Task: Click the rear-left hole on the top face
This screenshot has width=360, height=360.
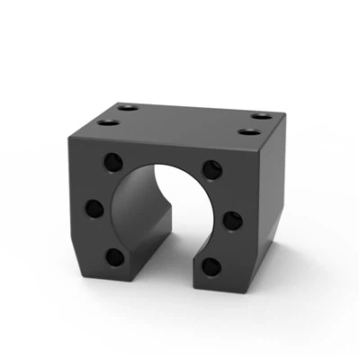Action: pyautogui.click(x=126, y=106)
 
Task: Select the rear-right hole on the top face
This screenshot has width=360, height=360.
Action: pyautogui.click(x=261, y=116)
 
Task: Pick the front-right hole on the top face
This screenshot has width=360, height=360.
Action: pyautogui.click(x=248, y=132)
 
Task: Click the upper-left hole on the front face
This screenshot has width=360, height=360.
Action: pyautogui.click(x=114, y=163)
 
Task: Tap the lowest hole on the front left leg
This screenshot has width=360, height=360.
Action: pyautogui.click(x=114, y=257)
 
